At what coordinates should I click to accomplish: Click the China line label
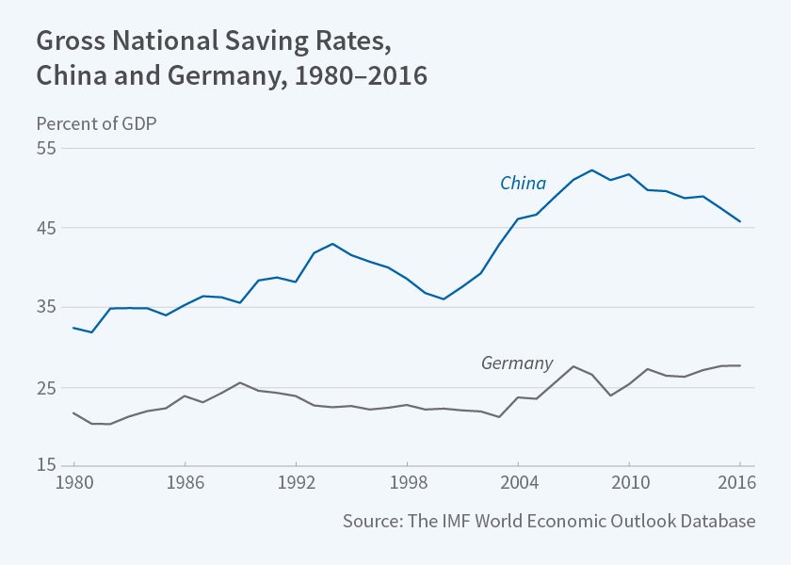tap(523, 183)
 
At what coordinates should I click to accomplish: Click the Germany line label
tap(517, 363)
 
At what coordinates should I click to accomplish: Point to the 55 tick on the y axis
tap(47, 149)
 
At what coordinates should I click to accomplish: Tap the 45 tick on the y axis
tap(47, 228)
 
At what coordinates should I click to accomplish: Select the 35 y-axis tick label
tap(47, 308)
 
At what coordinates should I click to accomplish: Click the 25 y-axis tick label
tap(47, 388)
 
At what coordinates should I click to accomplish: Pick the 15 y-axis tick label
tap(47, 466)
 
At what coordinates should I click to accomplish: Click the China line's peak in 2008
tap(591, 170)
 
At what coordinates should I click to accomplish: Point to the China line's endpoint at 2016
tap(740, 222)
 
